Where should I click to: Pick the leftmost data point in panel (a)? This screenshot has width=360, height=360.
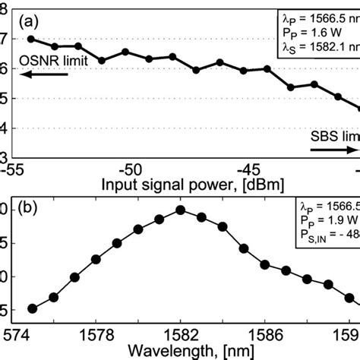coord(31,39)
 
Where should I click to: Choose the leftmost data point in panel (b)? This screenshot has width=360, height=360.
coord(32,308)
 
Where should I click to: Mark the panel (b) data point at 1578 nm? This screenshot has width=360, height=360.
coord(96,259)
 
